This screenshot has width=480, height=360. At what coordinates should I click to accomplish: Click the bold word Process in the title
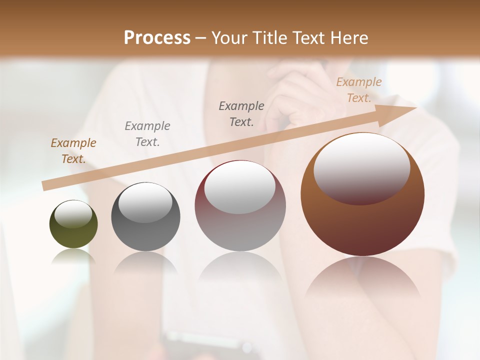(157, 38)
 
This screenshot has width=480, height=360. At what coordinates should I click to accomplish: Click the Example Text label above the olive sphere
(73, 151)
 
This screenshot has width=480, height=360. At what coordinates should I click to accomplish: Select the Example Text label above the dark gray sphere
(147, 134)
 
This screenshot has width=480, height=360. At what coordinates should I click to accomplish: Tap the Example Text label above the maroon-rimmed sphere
(241, 114)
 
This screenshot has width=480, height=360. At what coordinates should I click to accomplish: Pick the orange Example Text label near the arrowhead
(359, 90)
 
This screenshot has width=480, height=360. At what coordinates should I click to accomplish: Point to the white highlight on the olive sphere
(73, 214)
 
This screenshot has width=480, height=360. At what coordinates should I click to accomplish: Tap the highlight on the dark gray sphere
(145, 201)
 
